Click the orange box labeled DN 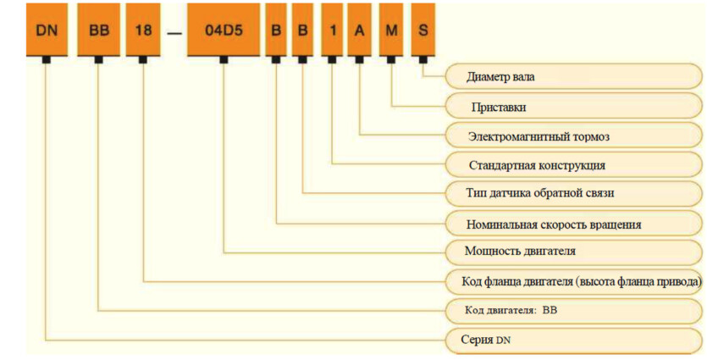(x=47, y=30)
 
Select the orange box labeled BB (x=99, y=30)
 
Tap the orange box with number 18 (x=143, y=30)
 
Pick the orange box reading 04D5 (x=224, y=30)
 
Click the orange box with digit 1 (x=332, y=30)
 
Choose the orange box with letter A (x=359, y=30)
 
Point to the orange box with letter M (x=391, y=30)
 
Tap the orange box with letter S (x=423, y=30)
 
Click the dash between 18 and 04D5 (x=174, y=33)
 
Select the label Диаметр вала (x=500, y=77)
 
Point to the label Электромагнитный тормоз (x=539, y=136)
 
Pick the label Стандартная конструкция (x=537, y=165)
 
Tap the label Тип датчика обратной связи (x=540, y=193)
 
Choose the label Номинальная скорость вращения (x=554, y=224)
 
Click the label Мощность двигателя (x=520, y=251)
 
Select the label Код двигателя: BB (x=511, y=311)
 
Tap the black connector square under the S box (x=423, y=60)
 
